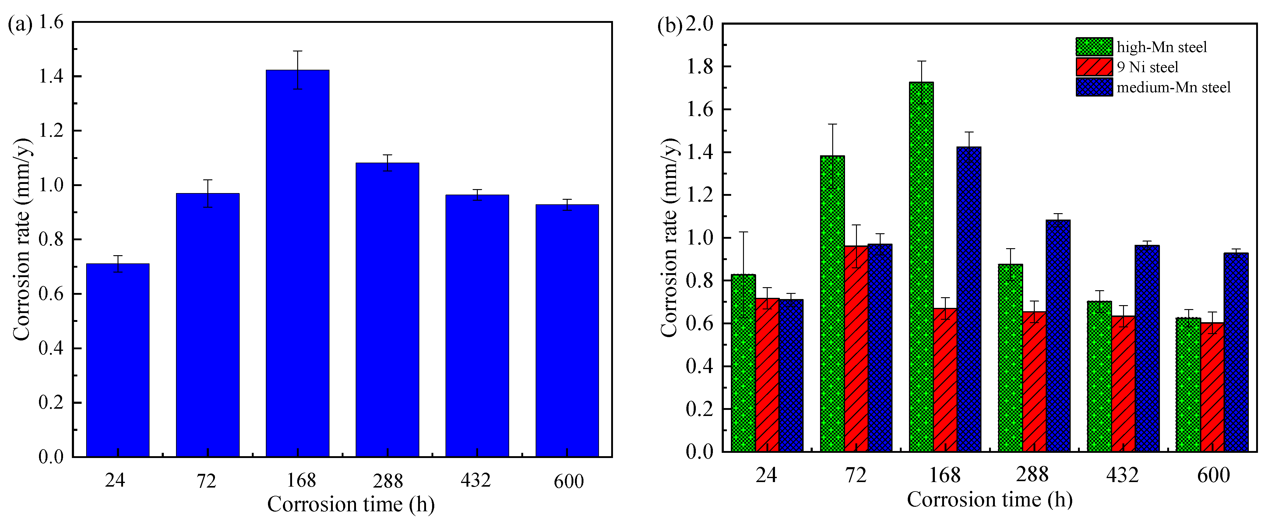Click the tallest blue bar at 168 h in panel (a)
click(297, 263)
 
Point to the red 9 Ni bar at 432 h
click(1123, 384)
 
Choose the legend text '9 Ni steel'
click(1147, 67)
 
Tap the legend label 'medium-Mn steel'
click(1174, 88)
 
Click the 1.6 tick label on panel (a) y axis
click(51, 22)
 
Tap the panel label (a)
click(20, 24)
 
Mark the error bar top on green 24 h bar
click(743, 232)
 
